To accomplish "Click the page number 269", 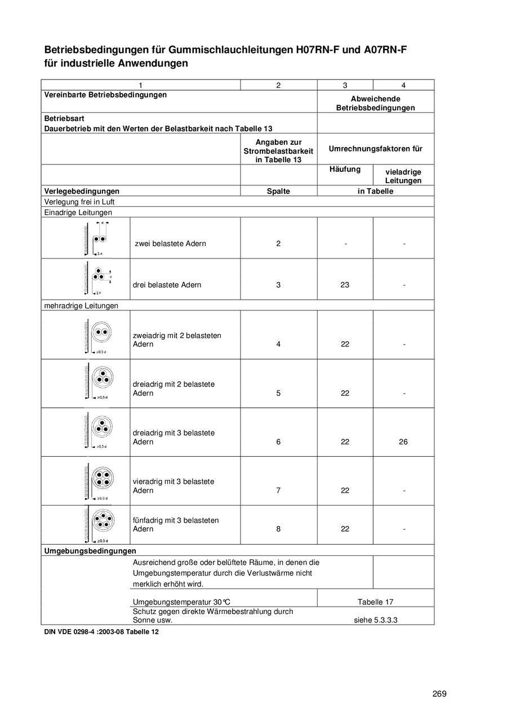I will pyautogui.click(x=439, y=694).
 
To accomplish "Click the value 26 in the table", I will pyautogui.click(x=403, y=442).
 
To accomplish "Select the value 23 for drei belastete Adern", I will pyautogui.click(x=345, y=285).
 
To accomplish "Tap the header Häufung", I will pyautogui.click(x=345, y=169).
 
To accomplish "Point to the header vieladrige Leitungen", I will pyautogui.click(x=403, y=176).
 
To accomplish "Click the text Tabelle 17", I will pyautogui.click(x=375, y=602).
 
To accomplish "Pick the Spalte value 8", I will pyautogui.click(x=278, y=529).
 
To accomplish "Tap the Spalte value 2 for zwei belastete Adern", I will pyautogui.click(x=278, y=244).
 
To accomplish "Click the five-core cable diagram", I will pyautogui.click(x=102, y=522).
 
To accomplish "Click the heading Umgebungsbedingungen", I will pyautogui.click(x=90, y=550).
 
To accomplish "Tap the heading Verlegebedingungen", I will pyautogui.click(x=82, y=191).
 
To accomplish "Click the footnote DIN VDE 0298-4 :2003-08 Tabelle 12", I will pyautogui.click(x=101, y=632).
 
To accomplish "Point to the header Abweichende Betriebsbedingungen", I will pyautogui.click(x=375, y=103).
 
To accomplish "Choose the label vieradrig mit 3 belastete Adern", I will pyautogui.click(x=173, y=486).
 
